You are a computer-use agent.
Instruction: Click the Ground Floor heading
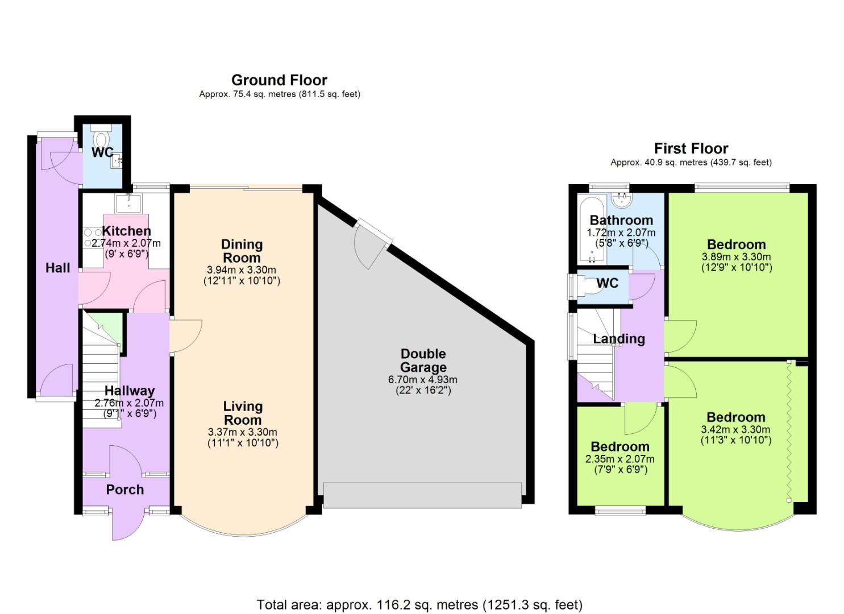pos(279,80)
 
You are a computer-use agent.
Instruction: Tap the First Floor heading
pos(691,149)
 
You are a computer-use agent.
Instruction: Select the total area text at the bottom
pos(419,604)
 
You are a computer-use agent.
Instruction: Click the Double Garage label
pos(423,360)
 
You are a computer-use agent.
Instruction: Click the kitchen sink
pos(128,202)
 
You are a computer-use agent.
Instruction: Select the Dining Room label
pos(242,251)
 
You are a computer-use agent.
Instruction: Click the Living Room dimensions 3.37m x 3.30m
pos(243,432)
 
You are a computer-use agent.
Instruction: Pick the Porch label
pos(125,489)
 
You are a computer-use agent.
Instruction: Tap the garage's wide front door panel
pos(422,495)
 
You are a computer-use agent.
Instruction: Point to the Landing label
pos(619,339)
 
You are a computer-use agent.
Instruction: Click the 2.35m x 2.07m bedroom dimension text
pos(620,459)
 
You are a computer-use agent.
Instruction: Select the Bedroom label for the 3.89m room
pos(736,244)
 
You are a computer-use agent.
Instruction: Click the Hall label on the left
pos(57,268)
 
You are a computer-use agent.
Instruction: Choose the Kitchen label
pos(126,231)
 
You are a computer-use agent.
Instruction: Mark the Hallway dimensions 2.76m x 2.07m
pos(129,403)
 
